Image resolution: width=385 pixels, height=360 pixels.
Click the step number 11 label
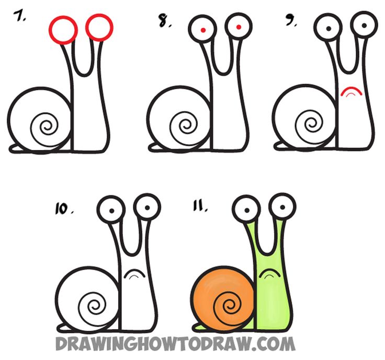200,209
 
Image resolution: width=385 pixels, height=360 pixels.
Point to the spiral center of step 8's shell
185,126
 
